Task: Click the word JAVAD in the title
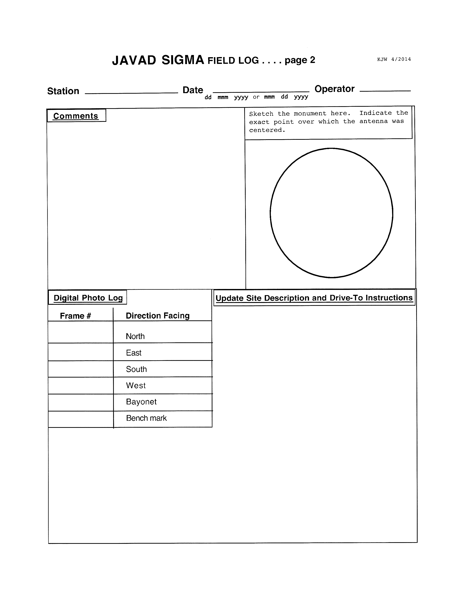tap(134, 60)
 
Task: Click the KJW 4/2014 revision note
tap(394, 59)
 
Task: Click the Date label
tap(193, 90)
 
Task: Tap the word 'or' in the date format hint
tap(256, 97)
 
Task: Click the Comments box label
tap(76, 116)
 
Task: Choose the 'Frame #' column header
tap(75, 316)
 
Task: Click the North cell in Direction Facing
tap(135, 336)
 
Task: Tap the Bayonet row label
tap(141, 402)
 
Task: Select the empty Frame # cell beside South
tap(81, 369)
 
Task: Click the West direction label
tap(136, 386)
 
